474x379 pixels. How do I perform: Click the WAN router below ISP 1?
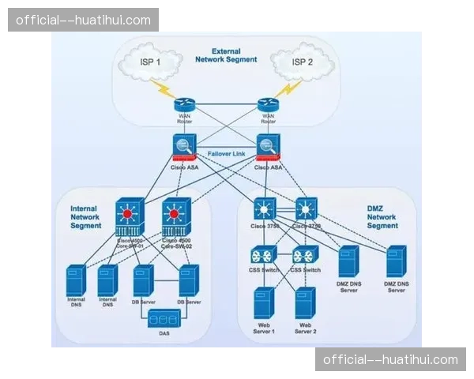tap(184, 106)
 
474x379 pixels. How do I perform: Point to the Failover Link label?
tap(228, 153)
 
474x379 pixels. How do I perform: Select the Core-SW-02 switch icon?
tap(177, 215)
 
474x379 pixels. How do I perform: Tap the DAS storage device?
tap(164, 319)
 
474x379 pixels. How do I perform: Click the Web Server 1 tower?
tap(263, 303)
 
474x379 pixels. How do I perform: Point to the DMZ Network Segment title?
tap(382, 216)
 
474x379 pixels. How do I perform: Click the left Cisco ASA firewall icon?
tap(184, 148)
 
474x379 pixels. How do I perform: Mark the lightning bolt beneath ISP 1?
tap(167, 89)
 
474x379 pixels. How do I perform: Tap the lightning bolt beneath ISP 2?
tap(287, 88)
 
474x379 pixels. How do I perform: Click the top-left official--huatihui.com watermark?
tap(85, 20)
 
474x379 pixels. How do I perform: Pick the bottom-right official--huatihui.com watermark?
tap(389, 359)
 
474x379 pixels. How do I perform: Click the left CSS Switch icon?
tap(263, 256)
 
